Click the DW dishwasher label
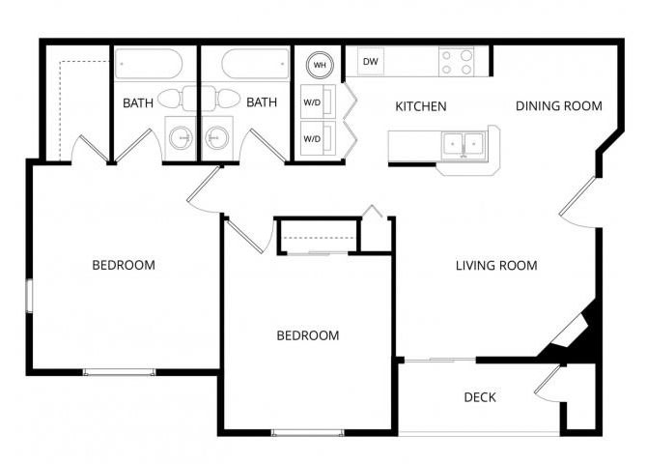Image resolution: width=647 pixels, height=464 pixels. pos(370,62)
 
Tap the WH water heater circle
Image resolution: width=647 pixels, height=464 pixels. pos(320,65)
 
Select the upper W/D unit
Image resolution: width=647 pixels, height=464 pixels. pos(318,102)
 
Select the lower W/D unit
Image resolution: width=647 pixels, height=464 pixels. pos(318,138)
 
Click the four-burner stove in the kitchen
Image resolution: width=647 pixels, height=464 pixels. pos(456,62)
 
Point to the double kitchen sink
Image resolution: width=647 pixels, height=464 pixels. pos(464,145)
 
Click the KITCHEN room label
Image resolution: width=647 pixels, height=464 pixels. pos(420,106)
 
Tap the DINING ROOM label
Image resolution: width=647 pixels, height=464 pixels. pos(559,105)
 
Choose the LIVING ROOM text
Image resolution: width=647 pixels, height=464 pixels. pos(496,265)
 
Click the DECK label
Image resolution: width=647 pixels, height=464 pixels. pos(480,397)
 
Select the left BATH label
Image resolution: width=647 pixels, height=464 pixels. pos(138,102)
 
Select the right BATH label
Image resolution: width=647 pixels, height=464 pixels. pos(262,102)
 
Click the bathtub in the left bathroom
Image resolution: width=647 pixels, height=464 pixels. pos(149,64)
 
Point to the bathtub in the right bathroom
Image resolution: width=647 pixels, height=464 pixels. pos(255,64)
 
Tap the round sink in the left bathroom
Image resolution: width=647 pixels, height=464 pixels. pos(181,137)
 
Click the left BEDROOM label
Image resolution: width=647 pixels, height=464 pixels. pos(124,265)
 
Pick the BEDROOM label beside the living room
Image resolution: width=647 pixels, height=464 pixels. pos(308,335)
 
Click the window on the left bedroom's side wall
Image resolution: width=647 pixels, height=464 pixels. pos(29,296)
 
